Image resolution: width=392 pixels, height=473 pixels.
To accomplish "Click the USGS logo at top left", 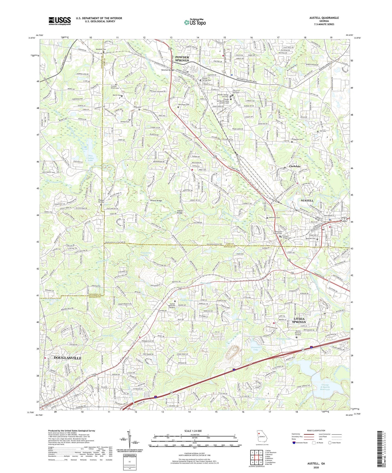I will [60, 21].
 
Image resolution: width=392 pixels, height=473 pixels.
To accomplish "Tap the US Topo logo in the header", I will [195, 22].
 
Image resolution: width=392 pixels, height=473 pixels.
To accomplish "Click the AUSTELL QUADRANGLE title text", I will [324, 18].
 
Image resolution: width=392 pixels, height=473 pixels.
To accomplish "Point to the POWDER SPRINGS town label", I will [182, 59].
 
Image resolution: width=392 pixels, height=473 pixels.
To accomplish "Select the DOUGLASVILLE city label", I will [68, 358].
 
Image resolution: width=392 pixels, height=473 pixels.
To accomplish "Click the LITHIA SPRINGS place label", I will [299, 320].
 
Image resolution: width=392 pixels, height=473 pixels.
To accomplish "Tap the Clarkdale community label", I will [295, 166].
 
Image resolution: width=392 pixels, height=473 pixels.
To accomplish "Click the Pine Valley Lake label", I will [87, 158].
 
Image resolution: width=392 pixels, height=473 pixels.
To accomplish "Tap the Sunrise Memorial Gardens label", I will [176, 305].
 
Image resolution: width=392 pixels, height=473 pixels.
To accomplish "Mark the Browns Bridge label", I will [156, 200].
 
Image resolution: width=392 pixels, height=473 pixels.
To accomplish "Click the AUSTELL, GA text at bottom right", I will [316, 464].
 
